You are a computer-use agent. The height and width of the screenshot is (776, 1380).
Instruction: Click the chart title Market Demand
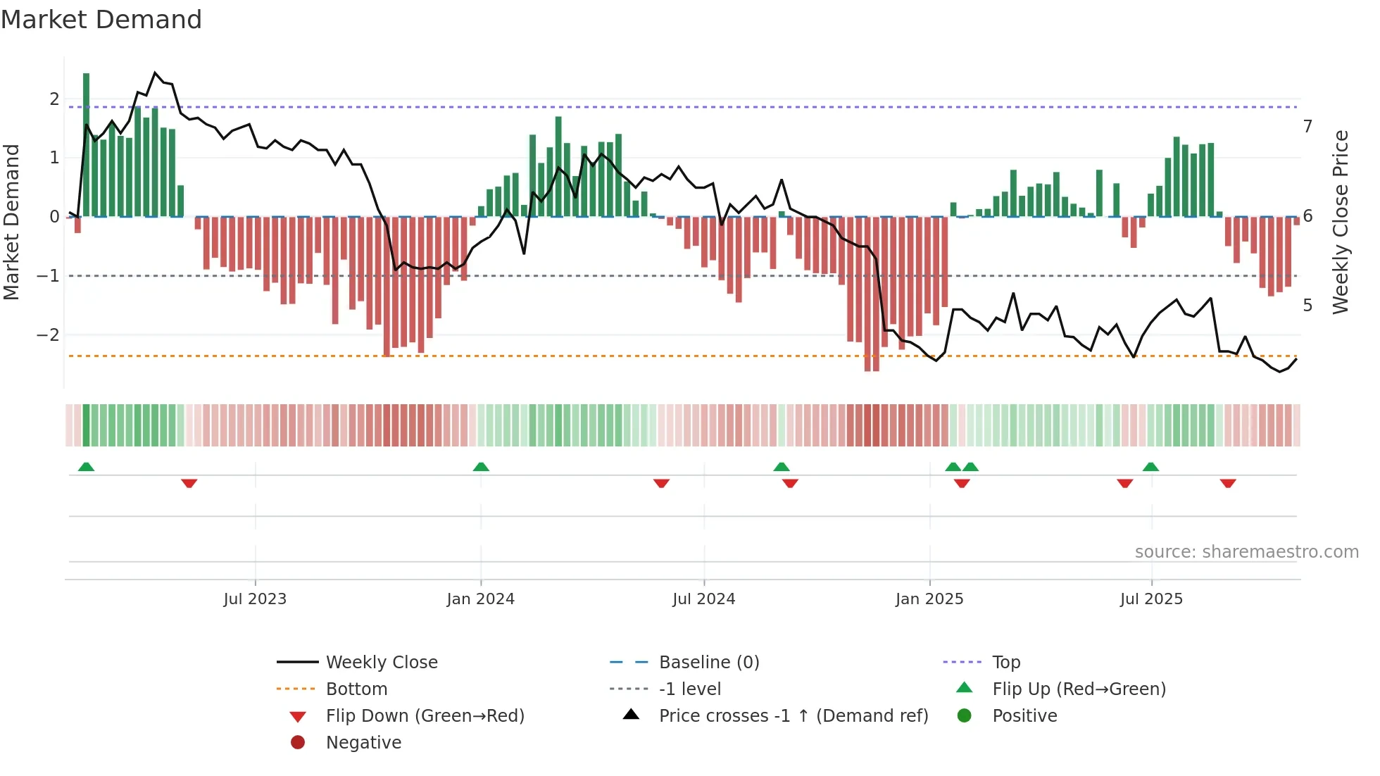(101, 20)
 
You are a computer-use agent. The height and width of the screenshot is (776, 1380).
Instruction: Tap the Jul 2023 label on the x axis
(255, 599)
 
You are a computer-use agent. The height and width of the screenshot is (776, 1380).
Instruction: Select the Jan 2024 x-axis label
(480, 599)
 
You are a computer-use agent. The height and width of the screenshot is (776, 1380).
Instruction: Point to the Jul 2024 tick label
(703, 599)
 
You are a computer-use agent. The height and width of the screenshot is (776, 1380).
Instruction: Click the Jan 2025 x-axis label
(929, 599)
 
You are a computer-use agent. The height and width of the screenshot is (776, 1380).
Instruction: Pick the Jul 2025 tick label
(1151, 599)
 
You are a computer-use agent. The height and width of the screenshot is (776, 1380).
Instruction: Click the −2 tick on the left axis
(48, 334)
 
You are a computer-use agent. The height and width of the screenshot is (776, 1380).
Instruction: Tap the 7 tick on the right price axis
(1307, 126)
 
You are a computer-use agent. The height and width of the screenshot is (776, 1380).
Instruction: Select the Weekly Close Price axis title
(1341, 222)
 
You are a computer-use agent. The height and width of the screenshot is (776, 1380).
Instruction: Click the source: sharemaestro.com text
(1246, 551)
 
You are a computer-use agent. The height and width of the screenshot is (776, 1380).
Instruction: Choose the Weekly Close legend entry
(381, 662)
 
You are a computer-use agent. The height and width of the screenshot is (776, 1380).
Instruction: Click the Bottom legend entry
(356, 689)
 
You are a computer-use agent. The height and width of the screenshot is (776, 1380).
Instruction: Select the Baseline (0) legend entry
(708, 662)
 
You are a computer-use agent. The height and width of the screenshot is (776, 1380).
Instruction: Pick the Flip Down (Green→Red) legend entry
(425, 715)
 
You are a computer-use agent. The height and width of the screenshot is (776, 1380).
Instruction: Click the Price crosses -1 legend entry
(793, 715)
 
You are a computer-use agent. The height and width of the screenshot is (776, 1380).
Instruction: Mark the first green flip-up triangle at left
(86, 467)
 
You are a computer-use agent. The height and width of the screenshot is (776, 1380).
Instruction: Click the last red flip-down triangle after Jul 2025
(1228, 483)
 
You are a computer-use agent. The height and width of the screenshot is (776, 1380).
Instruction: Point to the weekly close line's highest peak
(156, 73)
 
